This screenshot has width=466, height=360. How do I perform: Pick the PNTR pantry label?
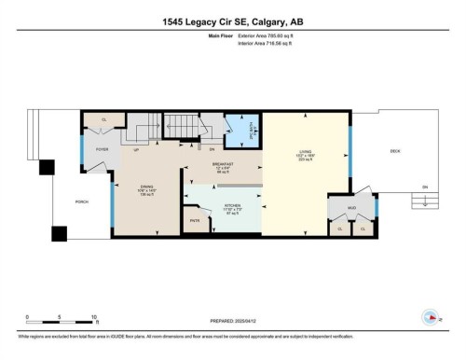196,220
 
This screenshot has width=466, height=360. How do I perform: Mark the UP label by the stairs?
137,149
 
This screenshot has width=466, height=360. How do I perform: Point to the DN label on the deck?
424,187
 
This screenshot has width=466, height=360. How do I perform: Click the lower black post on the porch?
61,233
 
